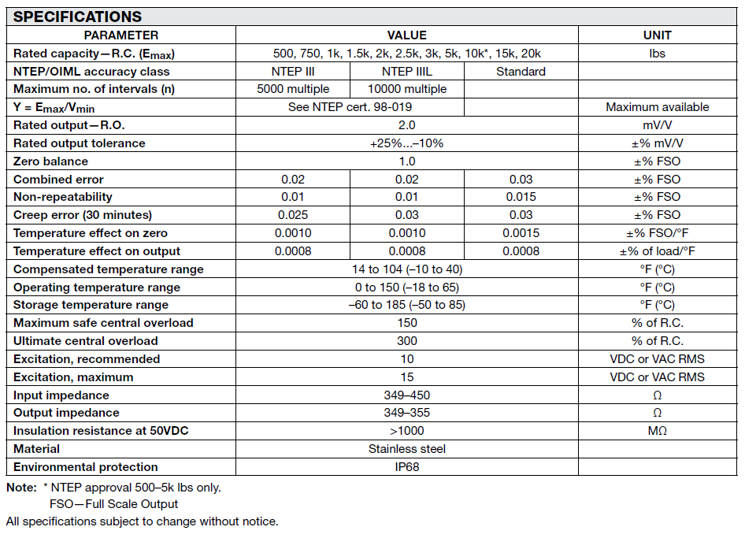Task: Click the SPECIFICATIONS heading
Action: [78, 17]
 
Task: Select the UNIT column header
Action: [657, 35]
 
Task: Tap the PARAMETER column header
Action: [121, 35]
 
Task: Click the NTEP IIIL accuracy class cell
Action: [406, 72]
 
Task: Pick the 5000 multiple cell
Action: [293, 89]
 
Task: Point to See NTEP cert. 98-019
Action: [350, 107]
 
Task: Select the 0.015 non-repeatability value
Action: [521, 197]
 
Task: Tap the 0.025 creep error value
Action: [293, 215]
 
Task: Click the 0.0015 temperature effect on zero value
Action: [521, 233]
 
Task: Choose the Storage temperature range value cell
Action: [406, 305]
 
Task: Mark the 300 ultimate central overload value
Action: [406, 341]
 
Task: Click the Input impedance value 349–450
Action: [406, 395]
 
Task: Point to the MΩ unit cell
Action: [657, 431]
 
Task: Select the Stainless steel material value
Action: [406, 449]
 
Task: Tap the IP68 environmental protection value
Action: [406, 467]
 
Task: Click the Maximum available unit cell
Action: [657, 107]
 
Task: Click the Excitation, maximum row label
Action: [73, 377]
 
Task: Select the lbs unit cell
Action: [657, 54]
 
